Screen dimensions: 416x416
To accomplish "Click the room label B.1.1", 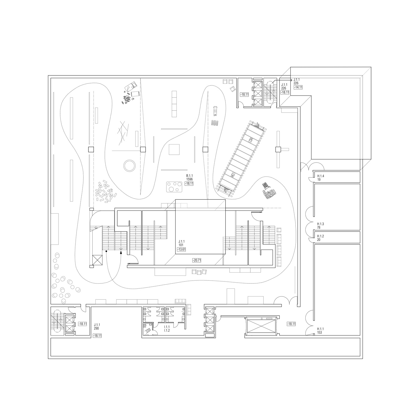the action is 189,176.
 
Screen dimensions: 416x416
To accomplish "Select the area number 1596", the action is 189,179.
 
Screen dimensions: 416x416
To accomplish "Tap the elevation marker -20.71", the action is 196,260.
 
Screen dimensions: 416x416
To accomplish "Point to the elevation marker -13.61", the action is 181,249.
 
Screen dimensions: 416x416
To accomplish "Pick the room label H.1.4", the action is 321,176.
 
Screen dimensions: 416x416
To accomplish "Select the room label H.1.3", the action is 321,224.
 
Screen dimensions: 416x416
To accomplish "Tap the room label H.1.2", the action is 321,236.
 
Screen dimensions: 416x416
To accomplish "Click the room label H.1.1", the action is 321,329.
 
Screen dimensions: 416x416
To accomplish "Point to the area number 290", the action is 97,328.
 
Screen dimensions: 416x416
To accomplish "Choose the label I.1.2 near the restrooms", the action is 167,330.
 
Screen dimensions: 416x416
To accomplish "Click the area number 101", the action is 181,245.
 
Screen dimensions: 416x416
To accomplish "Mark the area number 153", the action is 320,332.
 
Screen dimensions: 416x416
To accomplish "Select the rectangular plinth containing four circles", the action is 174,187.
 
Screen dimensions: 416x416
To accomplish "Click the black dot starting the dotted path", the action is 106,251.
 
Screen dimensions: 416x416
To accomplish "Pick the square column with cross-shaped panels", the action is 278,149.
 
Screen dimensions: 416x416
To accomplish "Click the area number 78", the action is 319,227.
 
